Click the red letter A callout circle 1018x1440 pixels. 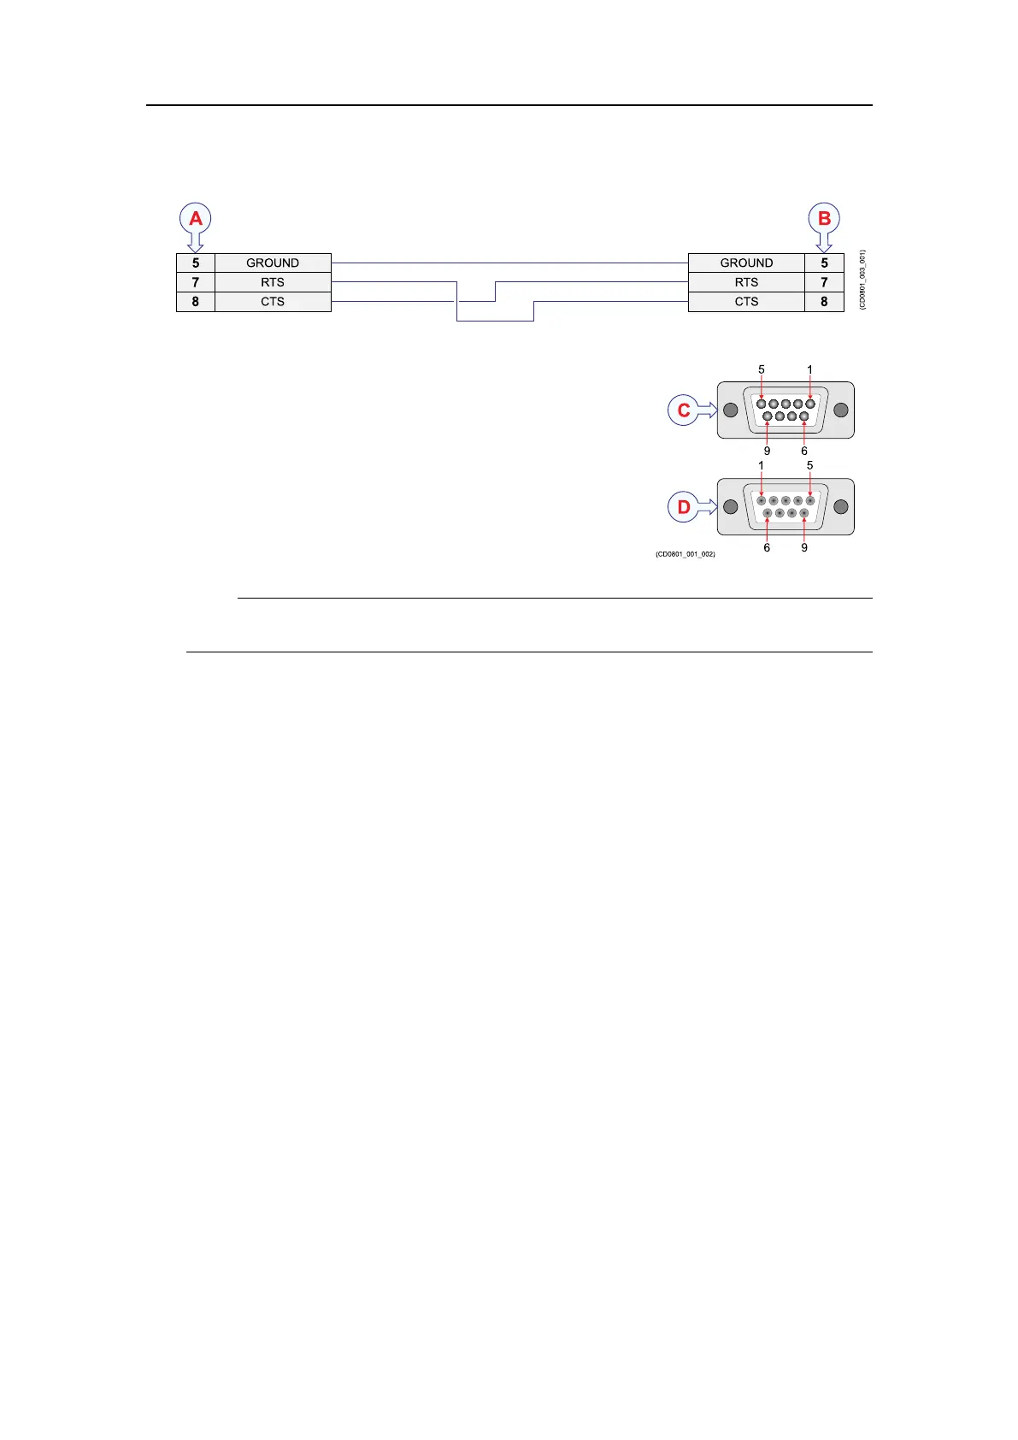tap(196, 219)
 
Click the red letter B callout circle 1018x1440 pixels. tap(824, 219)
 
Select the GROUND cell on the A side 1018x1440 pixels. tap(273, 263)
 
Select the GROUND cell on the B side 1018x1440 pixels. tap(746, 263)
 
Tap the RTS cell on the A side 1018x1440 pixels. tap(273, 282)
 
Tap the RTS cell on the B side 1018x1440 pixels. tap(746, 282)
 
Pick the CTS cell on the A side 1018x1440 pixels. tap(273, 302)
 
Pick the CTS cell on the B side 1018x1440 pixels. tap(746, 302)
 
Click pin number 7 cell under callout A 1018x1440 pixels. tap(196, 282)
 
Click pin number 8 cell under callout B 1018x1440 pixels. tap(824, 302)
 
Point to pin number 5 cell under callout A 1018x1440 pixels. tap(196, 263)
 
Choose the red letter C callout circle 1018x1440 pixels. tap(684, 410)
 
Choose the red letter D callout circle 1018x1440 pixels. tap(684, 507)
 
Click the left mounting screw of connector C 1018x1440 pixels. tap(731, 410)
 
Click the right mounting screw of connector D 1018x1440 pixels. tap(840, 507)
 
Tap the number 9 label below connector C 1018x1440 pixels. tap(767, 451)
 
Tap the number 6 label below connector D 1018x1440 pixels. tap(767, 547)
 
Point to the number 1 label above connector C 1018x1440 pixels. tap(810, 370)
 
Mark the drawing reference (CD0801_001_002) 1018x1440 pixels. tap(686, 554)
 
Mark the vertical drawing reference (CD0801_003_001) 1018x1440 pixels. tap(863, 280)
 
